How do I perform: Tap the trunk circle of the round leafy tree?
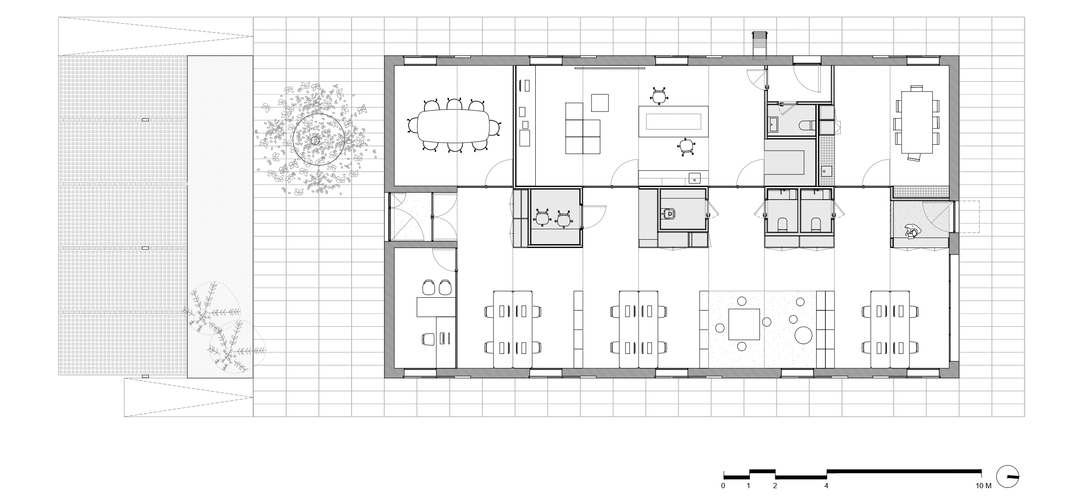pyautogui.click(x=315, y=140)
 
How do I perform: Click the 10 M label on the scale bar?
pyautogui.click(x=983, y=486)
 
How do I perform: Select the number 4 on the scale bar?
pyautogui.click(x=826, y=486)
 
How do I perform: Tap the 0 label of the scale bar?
pyautogui.click(x=723, y=486)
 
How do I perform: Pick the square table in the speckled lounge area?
pyautogui.click(x=744, y=324)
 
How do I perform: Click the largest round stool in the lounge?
pyautogui.click(x=803, y=336)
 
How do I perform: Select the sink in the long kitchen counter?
pyautogui.click(x=825, y=178)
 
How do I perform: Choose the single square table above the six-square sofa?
pyautogui.click(x=600, y=103)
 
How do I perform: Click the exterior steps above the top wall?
pyautogui.click(x=759, y=45)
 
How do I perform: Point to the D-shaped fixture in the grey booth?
pyautogui.click(x=669, y=214)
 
